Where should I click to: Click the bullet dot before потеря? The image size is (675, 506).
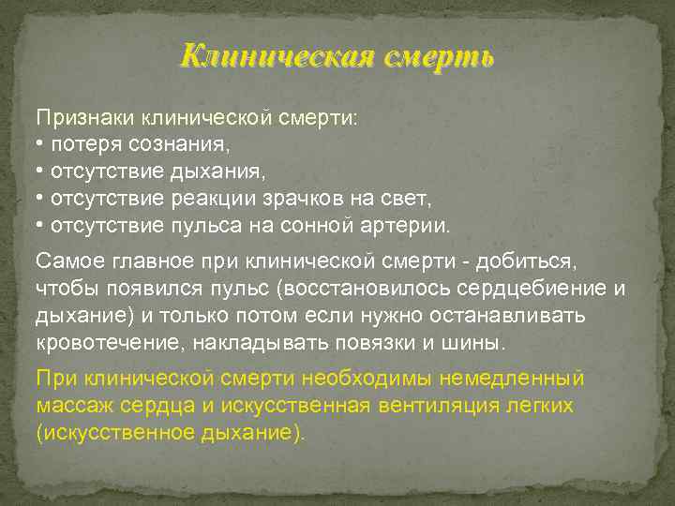[40, 146]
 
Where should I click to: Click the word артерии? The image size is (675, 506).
[412, 226]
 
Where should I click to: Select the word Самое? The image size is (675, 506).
[65, 259]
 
